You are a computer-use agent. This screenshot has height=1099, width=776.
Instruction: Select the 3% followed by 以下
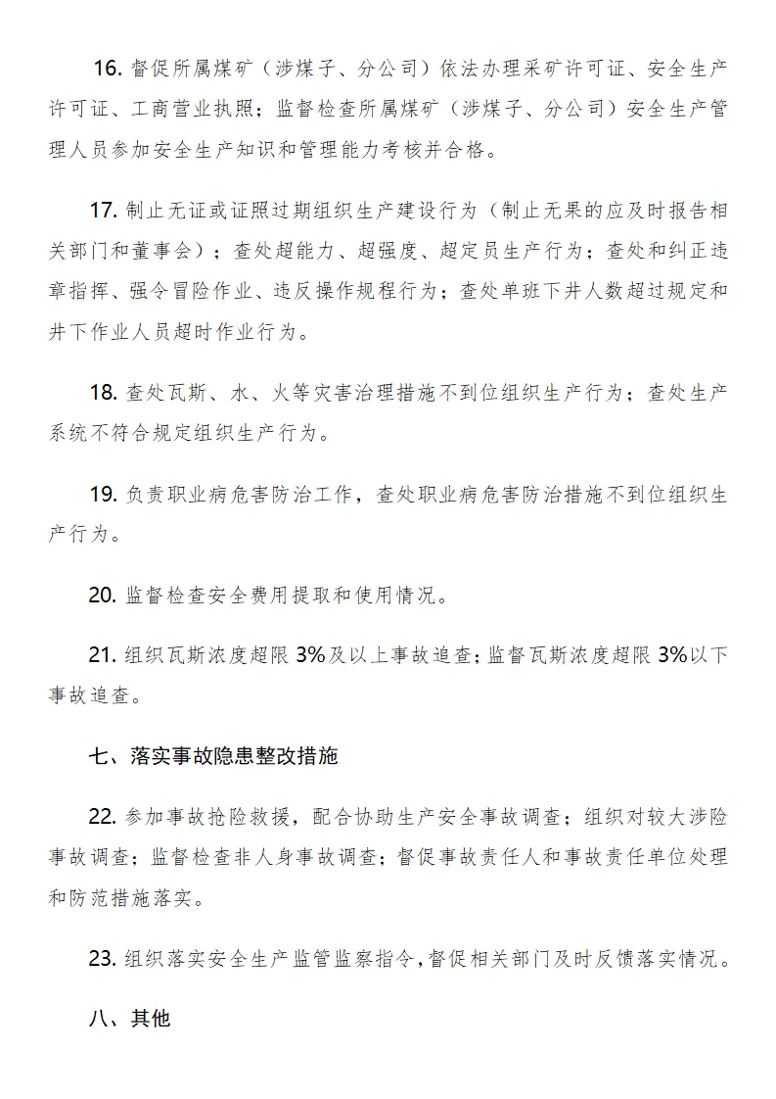click(674, 655)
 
